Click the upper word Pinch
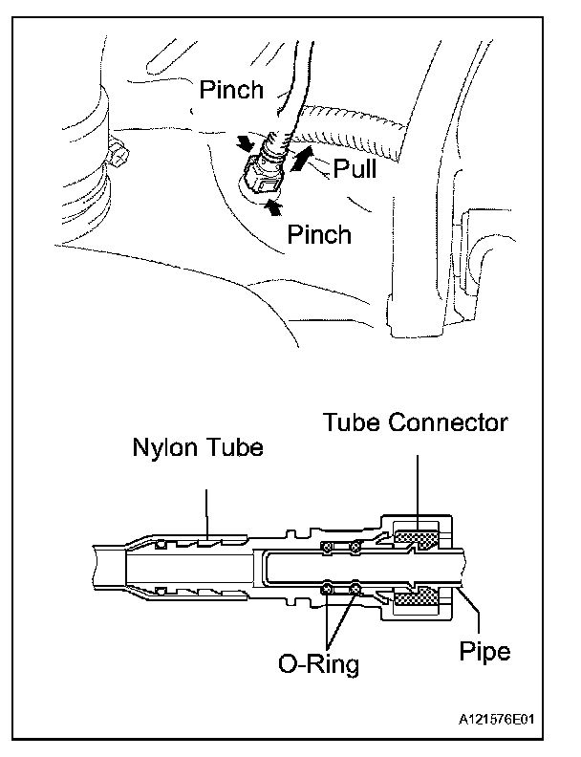[x=230, y=91]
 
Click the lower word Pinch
[x=320, y=234]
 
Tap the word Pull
[x=355, y=169]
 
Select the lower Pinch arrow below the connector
[x=272, y=204]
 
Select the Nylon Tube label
[x=197, y=448]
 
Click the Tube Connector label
[x=415, y=422]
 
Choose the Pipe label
[x=484, y=653]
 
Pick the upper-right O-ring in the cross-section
[x=355, y=549]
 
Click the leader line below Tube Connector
[x=417, y=487]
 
